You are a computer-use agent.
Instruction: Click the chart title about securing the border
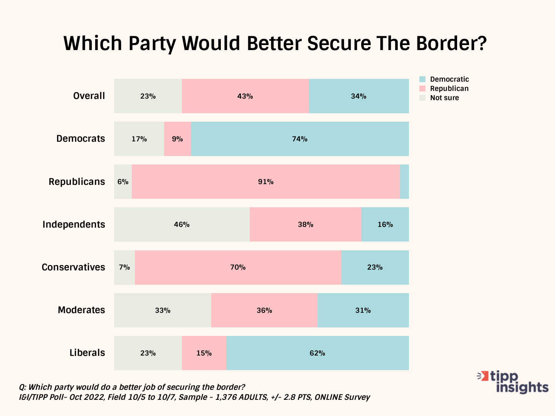(x=275, y=43)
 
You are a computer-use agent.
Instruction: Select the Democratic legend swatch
(x=422, y=79)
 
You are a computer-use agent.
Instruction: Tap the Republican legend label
(x=449, y=89)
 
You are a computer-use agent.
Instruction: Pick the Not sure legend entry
(x=444, y=98)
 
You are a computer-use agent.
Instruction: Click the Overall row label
(x=89, y=96)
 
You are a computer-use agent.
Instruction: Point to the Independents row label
(x=74, y=225)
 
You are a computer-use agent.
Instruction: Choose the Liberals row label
(x=87, y=353)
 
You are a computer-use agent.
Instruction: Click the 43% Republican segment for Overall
(x=245, y=96)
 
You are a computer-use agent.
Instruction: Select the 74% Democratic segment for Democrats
(x=299, y=139)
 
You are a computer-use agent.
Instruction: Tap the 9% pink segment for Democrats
(x=177, y=139)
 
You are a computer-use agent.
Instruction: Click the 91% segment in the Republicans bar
(x=266, y=182)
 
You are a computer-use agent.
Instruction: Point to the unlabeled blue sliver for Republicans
(x=404, y=182)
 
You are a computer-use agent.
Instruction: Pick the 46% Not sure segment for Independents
(x=182, y=225)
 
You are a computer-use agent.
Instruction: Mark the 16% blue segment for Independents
(x=385, y=225)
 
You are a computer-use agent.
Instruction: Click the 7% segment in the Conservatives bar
(x=124, y=267)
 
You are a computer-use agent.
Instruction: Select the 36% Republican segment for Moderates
(x=264, y=310)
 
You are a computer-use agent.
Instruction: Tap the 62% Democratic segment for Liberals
(x=317, y=353)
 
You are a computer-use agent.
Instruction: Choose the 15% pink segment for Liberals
(x=204, y=353)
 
